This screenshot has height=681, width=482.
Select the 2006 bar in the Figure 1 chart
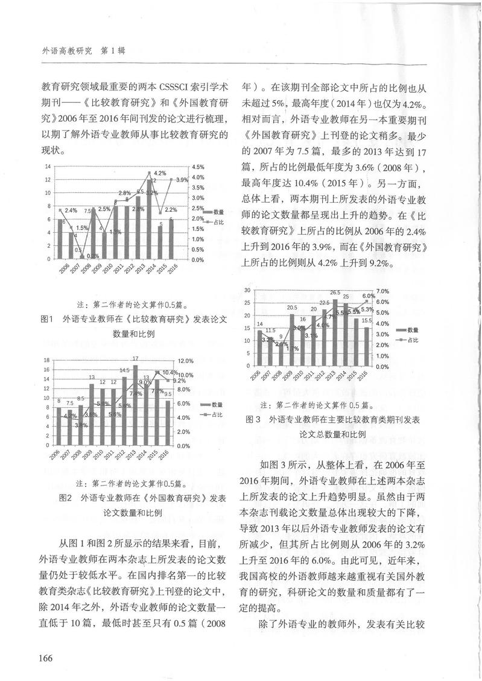click(x=60, y=239)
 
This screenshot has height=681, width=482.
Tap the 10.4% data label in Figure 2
click(x=170, y=373)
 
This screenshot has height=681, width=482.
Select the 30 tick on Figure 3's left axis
click(x=247, y=291)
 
